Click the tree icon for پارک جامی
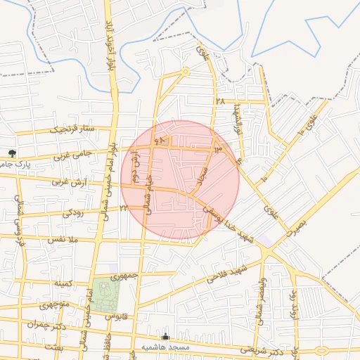pyautogui.click(x=11, y=153)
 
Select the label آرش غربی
pyautogui.click(x=70, y=182)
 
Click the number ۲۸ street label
pyautogui.click(x=220, y=102)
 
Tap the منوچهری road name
pyautogui.click(x=54, y=305)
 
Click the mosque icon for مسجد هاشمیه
pyautogui.click(x=166, y=337)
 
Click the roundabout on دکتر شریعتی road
pyautogui.click(x=321, y=350)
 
